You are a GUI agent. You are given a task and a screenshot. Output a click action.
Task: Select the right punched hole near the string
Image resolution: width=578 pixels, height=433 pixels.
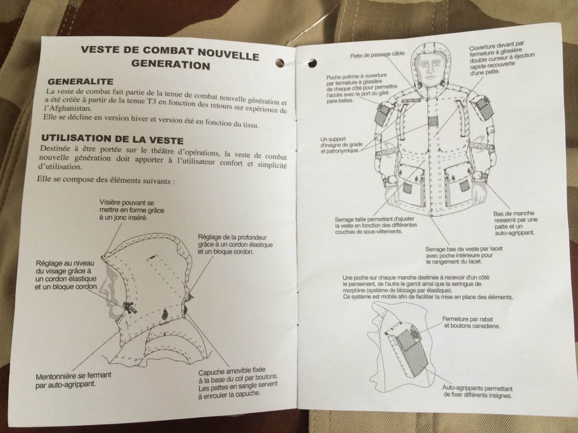(312, 63)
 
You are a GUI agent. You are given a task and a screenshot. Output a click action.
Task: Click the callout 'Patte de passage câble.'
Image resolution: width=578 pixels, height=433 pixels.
(378, 55)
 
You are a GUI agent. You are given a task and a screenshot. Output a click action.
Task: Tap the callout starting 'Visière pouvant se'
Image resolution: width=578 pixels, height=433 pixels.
(127, 210)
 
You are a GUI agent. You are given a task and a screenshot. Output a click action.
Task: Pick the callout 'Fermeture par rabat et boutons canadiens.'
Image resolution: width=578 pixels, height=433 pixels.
(471, 322)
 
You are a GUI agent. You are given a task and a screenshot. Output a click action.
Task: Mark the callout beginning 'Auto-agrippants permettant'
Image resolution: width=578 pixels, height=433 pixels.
(477, 392)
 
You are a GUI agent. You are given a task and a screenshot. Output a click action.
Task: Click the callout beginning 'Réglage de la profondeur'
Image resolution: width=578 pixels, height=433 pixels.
(232, 244)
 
